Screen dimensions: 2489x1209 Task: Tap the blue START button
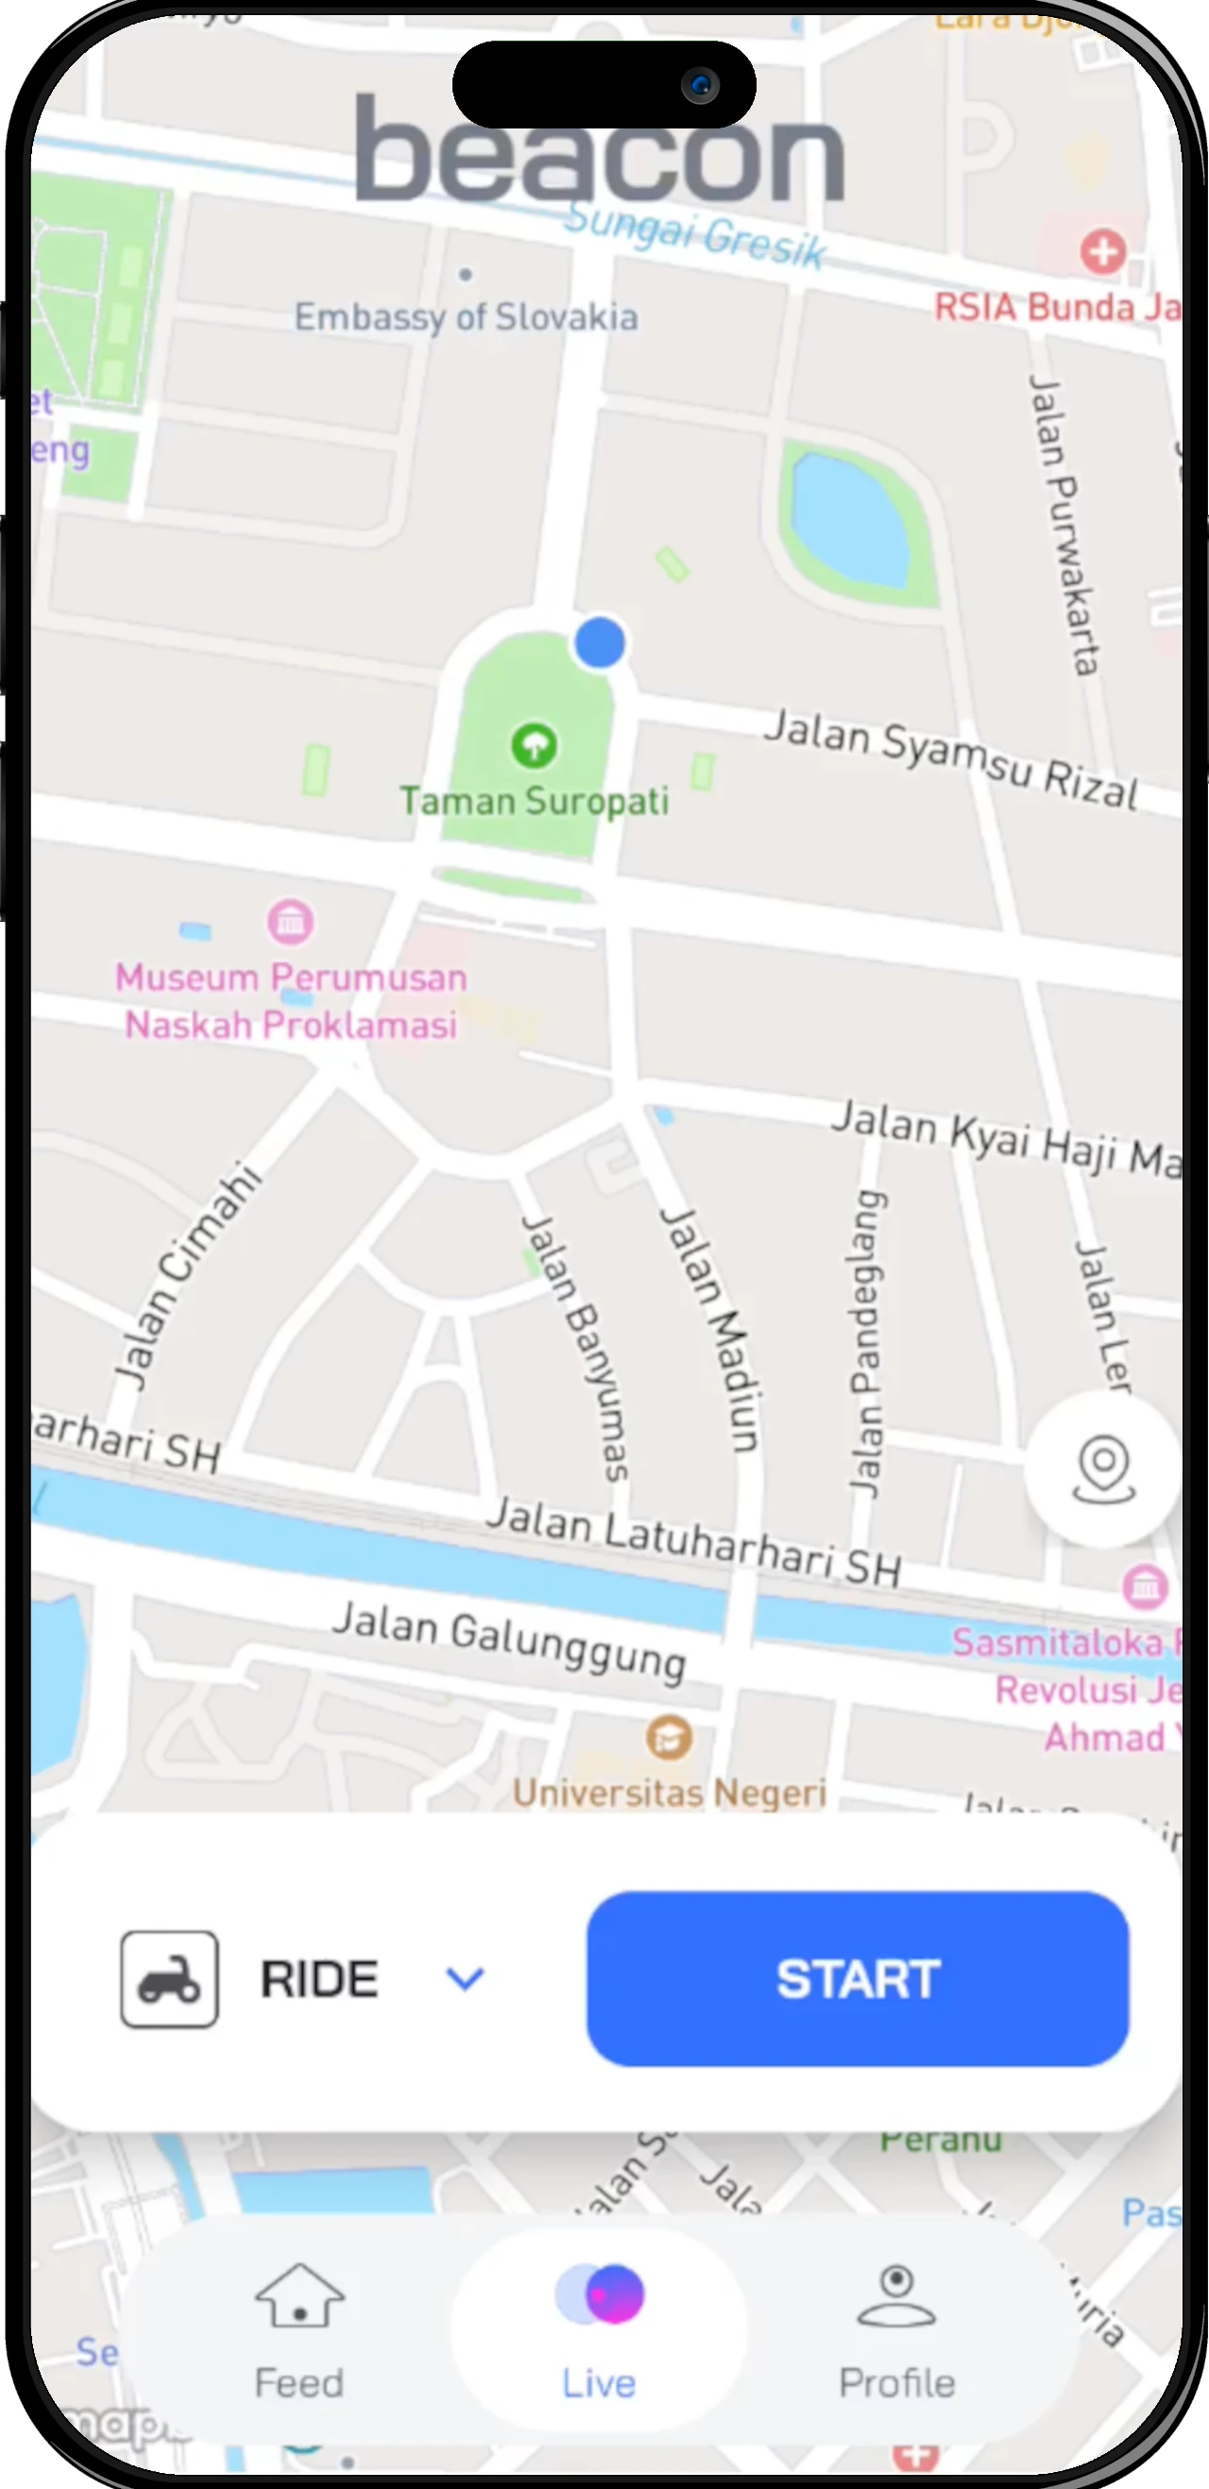(858, 1979)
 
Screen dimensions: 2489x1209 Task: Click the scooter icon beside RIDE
(169, 1979)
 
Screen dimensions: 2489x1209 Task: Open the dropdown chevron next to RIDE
(464, 1979)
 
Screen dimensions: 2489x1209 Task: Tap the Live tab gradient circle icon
(599, 2293)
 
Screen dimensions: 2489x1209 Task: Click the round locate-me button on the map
(1102, 1469)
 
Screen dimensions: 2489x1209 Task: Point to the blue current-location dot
(599, 642)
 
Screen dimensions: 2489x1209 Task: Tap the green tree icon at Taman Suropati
(534, 746)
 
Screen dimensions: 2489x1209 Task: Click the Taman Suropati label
(534, 801)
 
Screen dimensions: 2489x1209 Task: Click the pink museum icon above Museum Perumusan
(290, 922)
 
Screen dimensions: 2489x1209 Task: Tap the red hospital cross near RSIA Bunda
(1101, 252)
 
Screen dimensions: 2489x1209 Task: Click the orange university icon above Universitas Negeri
(668, 1737)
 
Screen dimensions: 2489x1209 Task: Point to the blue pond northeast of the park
(849, 521)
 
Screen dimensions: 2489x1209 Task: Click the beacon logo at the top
(599, 150)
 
